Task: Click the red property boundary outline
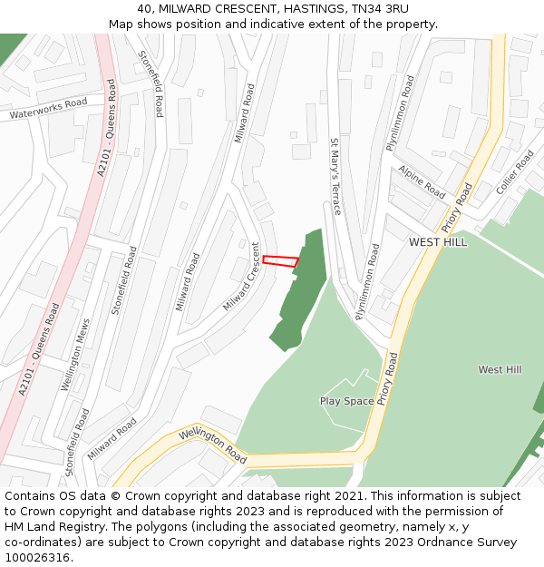coord(280,261)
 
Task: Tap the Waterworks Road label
coord(48,109)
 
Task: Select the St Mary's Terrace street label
coord(335,176)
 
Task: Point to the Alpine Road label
coord(422,181)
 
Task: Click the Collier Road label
coord(515,172)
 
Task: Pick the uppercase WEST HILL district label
coord(438,242)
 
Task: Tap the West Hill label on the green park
coord(500,369)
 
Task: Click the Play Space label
coord(346,401)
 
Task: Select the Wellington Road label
coord(212,443)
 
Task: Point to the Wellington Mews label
coord(76,355)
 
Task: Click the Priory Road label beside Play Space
coord(388,378)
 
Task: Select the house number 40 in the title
coord(145,8)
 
